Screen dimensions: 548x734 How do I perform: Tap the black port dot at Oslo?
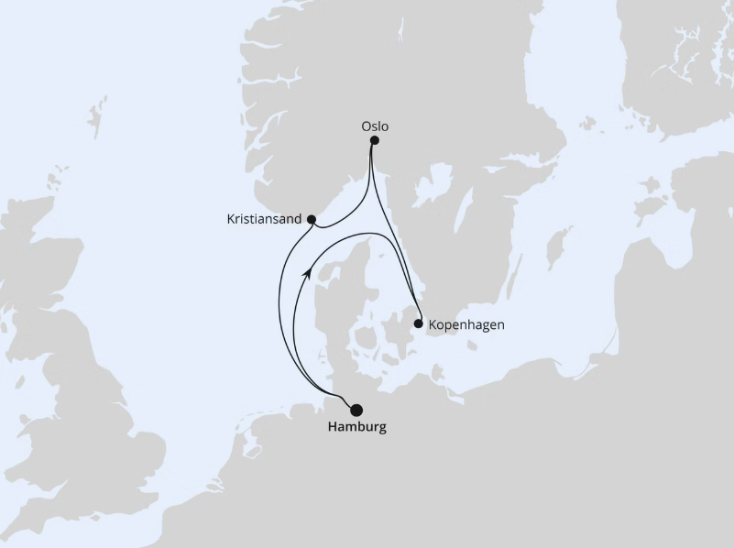tap(374, 140)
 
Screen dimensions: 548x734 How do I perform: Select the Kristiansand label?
tap(265, 220)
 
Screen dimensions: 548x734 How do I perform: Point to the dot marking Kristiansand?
tap(312, 220)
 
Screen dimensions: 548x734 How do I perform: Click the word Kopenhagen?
tap(466, 324)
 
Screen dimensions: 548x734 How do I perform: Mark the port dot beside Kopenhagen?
tap(419, 323)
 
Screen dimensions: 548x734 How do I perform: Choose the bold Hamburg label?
tap(356, 428)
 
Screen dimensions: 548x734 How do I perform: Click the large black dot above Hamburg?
tap(356, 410)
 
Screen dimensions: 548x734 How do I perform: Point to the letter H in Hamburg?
tap(332, 428)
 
